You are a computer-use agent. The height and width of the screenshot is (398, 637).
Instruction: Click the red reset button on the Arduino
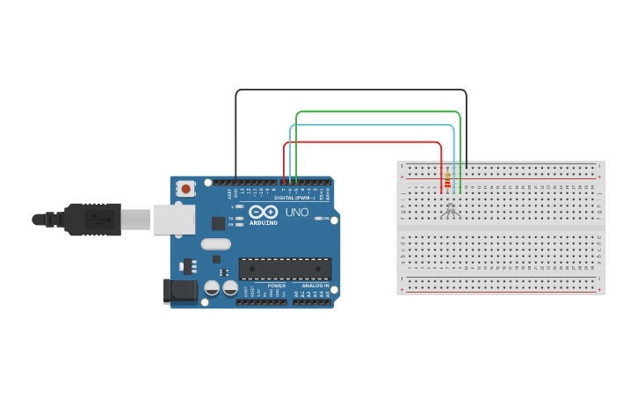[185, 188]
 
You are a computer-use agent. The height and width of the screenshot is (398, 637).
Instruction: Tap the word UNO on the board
[298, 213]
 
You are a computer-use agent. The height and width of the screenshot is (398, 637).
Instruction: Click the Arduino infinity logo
[263, 212]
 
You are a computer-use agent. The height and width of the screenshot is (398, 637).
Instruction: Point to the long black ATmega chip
[285, 269]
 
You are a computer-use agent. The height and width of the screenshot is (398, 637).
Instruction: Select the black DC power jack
[180, 290]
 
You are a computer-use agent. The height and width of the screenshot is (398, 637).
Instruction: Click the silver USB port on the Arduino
[174, 219]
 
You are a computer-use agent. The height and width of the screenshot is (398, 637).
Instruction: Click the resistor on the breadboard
[447, 180]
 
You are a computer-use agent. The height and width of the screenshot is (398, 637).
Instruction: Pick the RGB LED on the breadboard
[451, 210]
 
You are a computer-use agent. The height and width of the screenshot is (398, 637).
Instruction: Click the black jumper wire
[351, 90]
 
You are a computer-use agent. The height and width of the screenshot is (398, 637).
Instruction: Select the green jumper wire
[378, 112]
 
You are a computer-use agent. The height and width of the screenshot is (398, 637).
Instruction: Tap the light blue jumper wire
[373, 126]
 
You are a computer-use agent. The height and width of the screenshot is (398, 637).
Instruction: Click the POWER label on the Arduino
[277, 286]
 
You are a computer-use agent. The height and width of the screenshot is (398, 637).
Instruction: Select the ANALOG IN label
[316, 286]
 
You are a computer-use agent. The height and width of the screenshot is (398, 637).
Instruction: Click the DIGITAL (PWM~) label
[294, 198]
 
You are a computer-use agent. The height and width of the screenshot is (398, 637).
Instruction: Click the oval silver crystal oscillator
[215, 244]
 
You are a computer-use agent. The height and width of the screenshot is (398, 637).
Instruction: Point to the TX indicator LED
[240, 218]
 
